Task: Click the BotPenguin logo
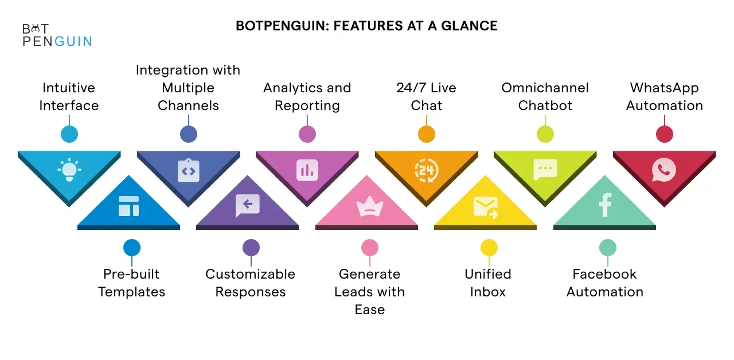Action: [x=57, y=35]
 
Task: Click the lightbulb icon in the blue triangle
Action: [x=69, y=169]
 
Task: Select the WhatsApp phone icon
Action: [x=664, y=170]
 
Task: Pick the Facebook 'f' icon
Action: [x=605, y=205]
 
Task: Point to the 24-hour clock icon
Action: [x=426, y=170]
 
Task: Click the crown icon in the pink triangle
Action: [x=370, y=206]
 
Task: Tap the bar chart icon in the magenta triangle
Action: [x=307, y=170]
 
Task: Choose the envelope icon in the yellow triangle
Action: [x=486, y=207]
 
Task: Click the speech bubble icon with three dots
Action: [x=545, y=169]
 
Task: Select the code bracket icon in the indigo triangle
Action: [x=189, y=170]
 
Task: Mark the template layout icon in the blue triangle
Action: [x=129, y=206]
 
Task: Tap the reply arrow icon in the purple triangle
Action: [x=247, y=205]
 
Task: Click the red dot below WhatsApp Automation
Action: [x=665, y=134]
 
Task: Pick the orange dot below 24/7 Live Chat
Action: [x=427, y=134]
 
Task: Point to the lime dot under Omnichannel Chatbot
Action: [x=545, y=134]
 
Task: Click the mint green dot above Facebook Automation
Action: [x=608, y=248]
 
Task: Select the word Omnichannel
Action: [x=545, y=88]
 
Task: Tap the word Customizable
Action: [x=251, y=274]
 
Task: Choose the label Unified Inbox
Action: [x=488, y=283]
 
